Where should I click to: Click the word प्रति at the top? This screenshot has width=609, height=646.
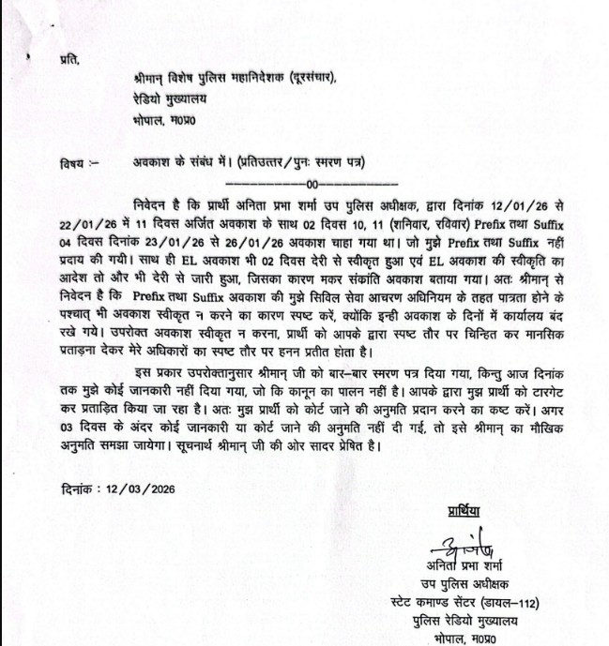68,60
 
